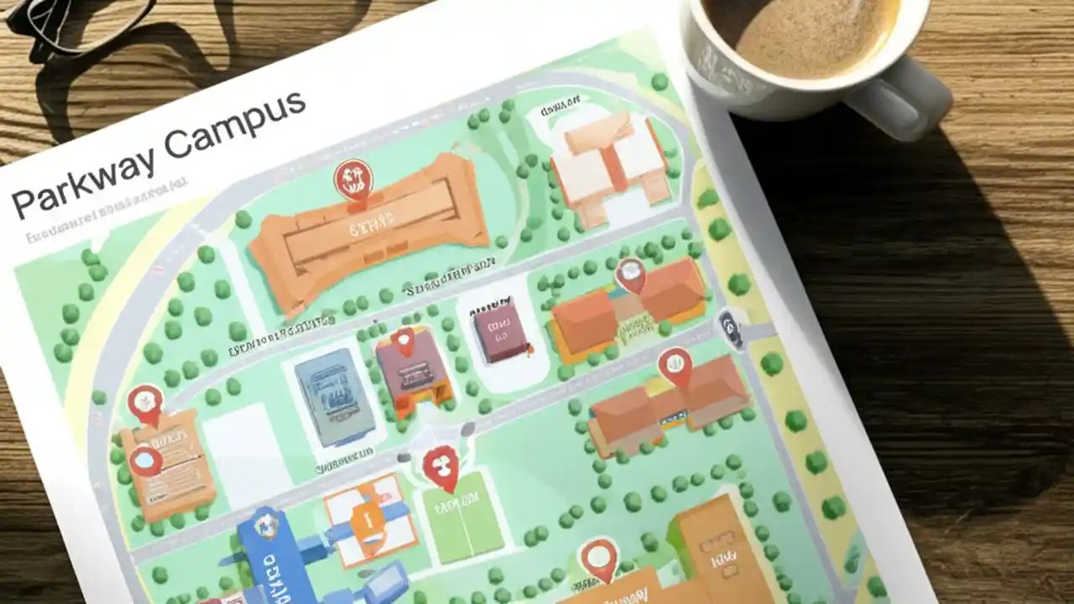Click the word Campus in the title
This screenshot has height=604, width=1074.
pos(236,125)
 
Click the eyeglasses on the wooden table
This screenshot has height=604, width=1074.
pos(76,21)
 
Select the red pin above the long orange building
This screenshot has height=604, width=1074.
pos(352,179)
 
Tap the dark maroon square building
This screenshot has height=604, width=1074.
pos(501,330)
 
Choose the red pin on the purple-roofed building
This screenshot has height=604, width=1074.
pos(404,341)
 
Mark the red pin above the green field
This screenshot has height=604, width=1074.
pos(441,465)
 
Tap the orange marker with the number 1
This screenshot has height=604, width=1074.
pos(368,521)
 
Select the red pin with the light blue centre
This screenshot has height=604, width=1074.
pos(146,460)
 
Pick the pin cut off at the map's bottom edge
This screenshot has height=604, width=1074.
pos(599,557)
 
